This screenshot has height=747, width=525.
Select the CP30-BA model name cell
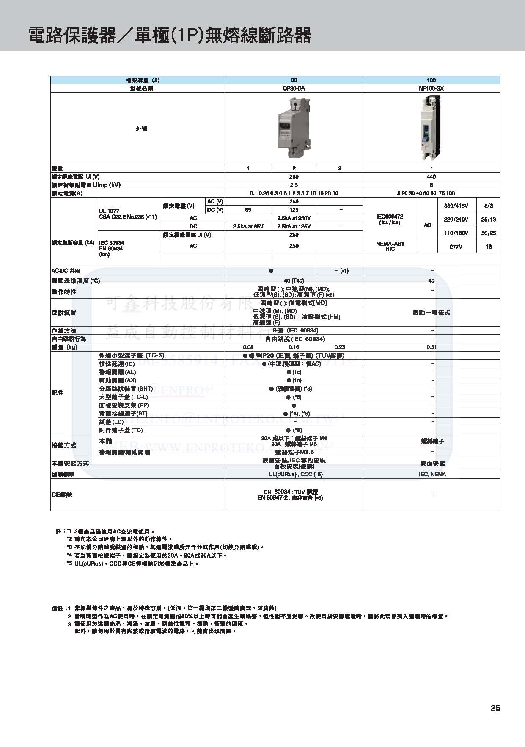294,88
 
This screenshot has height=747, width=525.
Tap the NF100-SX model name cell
431,88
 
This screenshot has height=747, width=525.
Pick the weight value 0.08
248,347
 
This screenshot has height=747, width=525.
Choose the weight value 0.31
431,347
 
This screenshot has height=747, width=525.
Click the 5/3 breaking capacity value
489,206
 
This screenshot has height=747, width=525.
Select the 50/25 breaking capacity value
489,233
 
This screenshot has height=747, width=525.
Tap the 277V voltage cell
456,247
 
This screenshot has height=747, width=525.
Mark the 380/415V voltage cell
456,206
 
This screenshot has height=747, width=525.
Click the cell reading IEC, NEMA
431,475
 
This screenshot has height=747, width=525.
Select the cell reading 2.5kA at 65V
248,227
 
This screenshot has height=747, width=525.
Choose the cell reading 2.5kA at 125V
294,227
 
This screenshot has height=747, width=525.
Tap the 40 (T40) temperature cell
294,281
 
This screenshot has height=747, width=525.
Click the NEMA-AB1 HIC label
390,246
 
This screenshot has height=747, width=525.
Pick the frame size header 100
431,80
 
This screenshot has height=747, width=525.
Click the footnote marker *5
69,564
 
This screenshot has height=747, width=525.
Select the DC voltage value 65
248,210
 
